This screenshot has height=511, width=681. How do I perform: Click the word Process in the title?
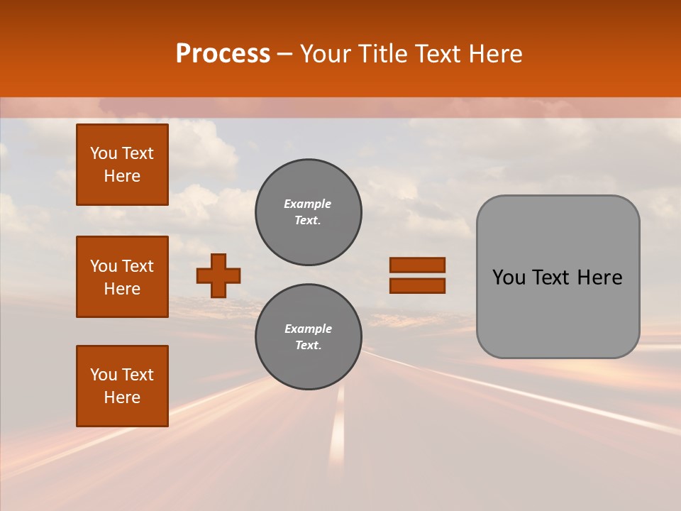(x=223, y=54)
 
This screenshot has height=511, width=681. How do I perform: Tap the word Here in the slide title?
(x=492, y=54)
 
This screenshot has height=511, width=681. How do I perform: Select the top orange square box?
(x=122, y=165)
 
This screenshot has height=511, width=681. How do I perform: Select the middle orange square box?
(x=122, y=277)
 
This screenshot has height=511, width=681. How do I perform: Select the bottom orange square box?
(x=122, y=386)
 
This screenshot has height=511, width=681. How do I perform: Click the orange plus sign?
(x=218, y=275)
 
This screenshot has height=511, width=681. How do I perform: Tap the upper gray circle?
(x=309, y=212)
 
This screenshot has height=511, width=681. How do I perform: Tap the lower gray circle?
(x=309, y=337)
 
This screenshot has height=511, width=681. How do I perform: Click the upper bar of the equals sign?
(x=417, y=265)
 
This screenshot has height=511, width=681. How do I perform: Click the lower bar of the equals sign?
(x=417, y=286)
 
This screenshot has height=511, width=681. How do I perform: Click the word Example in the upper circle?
(x=308, y=204)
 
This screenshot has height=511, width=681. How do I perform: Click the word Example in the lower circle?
(x=308, y=329)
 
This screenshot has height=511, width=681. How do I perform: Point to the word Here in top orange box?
(x=122, y=176)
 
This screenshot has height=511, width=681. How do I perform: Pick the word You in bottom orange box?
(x=104, y=375)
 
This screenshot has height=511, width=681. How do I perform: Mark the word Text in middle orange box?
(x=138, y=266)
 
